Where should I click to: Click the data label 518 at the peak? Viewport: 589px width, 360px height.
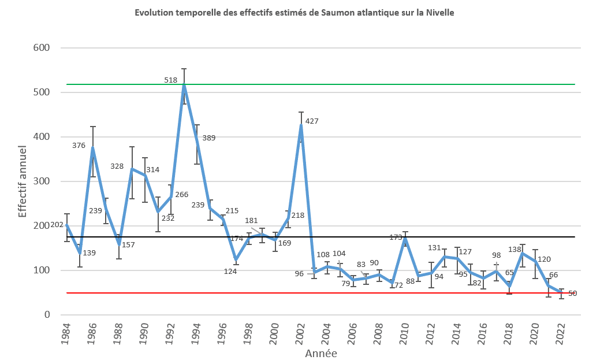[170, 80]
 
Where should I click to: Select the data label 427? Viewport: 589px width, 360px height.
[312, 121]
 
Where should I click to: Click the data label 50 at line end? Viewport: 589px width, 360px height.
[572, 294]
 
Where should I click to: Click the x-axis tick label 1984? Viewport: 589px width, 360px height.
[66, 335]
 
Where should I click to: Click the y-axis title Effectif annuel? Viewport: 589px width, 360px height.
[22, 181]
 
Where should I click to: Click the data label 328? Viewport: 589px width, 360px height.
[117, 166]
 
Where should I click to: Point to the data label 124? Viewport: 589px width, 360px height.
[231, 271]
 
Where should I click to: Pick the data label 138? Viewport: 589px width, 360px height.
[514, 249]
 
